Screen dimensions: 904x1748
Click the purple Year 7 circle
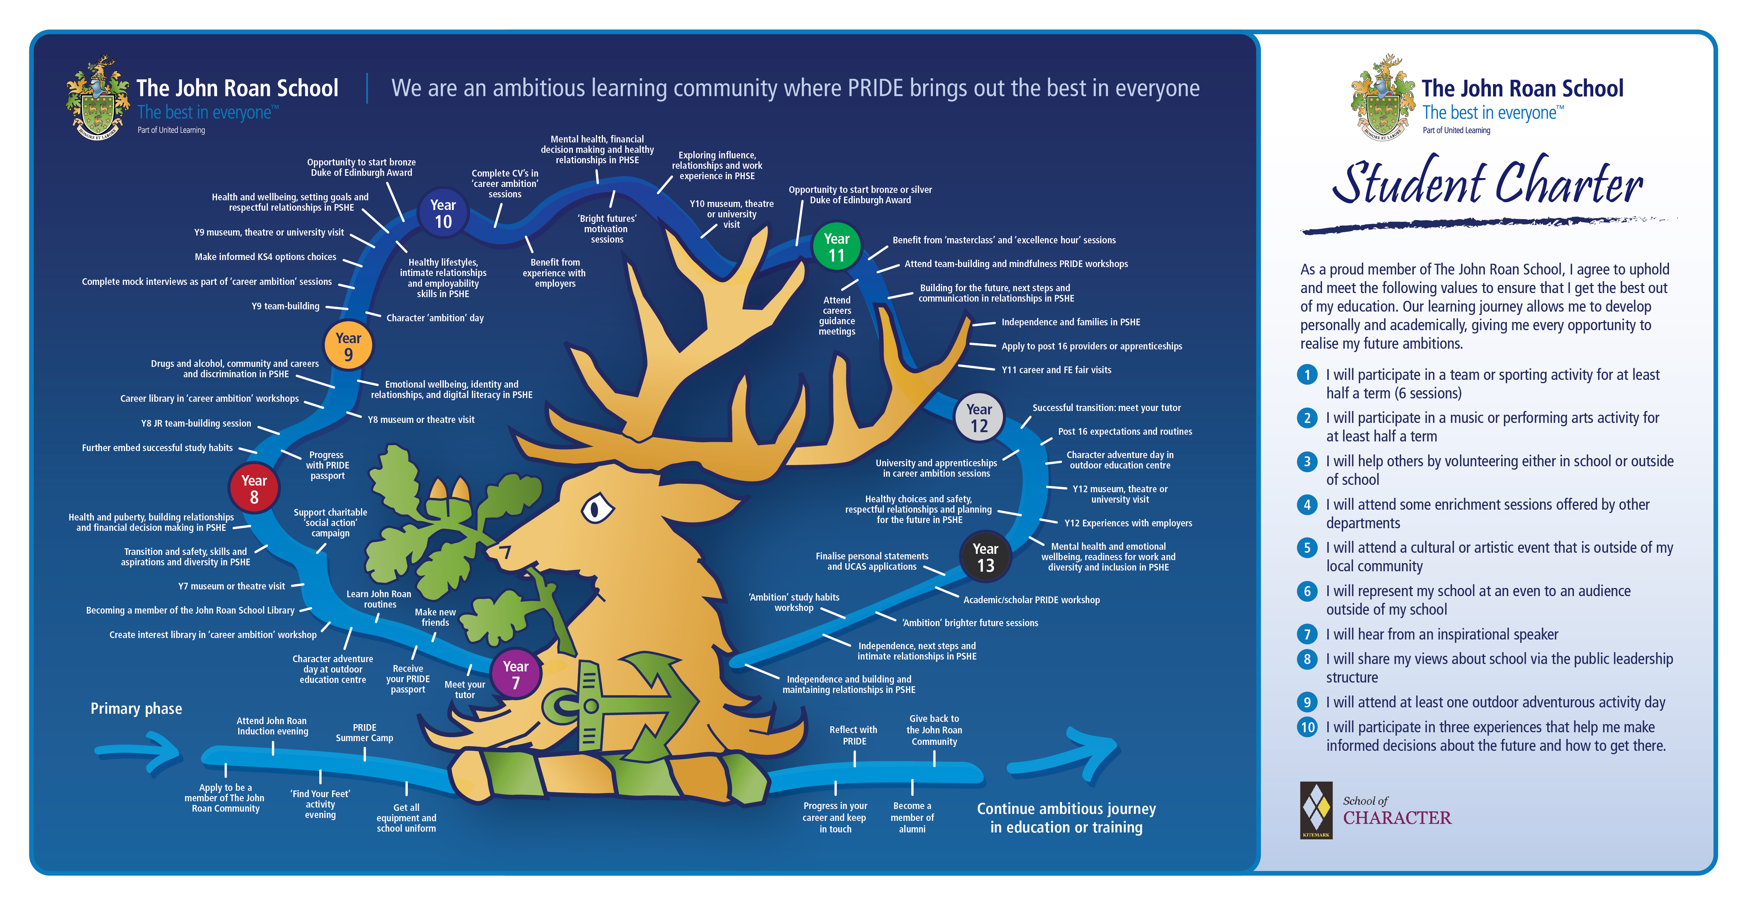[516, 675]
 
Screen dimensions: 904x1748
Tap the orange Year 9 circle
[348, 346]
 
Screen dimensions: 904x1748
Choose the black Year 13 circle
[985, 557]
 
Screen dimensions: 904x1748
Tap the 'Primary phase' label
[137, 709]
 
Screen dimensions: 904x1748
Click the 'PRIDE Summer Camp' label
[364, 732]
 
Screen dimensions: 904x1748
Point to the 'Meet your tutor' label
[465, 689]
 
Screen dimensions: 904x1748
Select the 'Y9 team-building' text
[285, 306]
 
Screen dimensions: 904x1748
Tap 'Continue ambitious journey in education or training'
[1066, 818]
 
